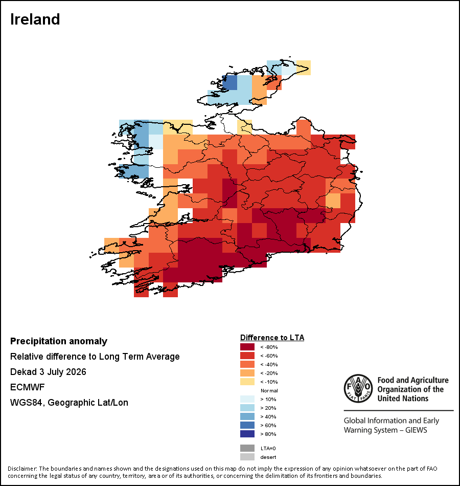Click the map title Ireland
pos(35,19)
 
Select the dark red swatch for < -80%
pos(247,347)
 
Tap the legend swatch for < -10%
pos(247,382)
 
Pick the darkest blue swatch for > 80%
pos(247,434)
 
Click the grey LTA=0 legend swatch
pos(247,448)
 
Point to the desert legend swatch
pos(247,457)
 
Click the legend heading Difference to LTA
pos(272,338)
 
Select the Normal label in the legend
pos(269,390)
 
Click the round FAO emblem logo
pos(358,388)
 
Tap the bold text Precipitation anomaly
pos(59,341)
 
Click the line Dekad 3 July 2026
pos(48,371)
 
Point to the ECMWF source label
pos(27,387)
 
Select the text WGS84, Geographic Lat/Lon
pos(69,402)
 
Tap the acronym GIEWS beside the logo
pos(416,430)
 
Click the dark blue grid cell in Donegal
pos(229,82)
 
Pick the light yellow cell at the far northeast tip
pos(304,68)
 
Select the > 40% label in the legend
pos(268,416)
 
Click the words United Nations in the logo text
pos(403,399)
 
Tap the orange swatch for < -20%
pos(247,373)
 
